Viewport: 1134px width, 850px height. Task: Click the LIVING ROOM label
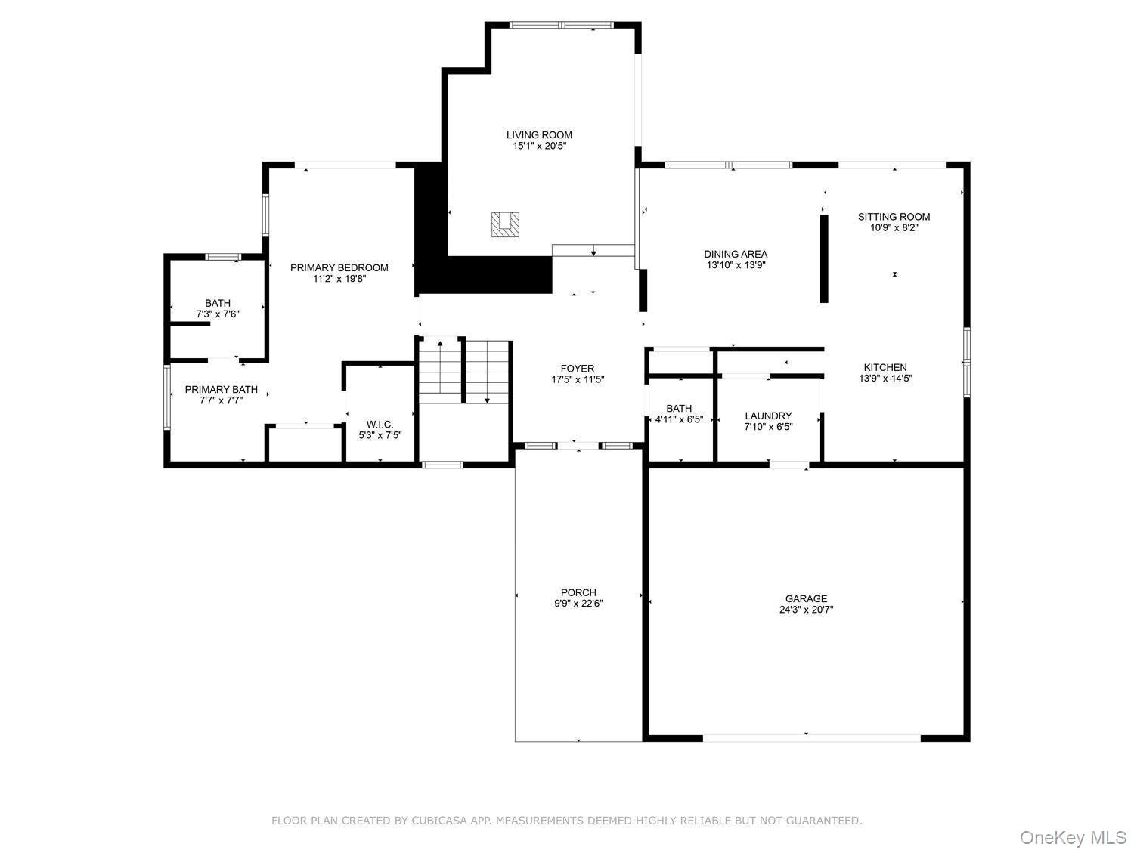pyautogui.click(x=539, y=135)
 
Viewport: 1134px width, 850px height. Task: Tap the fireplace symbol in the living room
pyautogui.click(x=505, y=224)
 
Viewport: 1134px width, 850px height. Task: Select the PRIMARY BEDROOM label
pyautogui.click(x=339, y=267)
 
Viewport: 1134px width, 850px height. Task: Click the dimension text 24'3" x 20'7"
pyautogui.click(x=806, y=610)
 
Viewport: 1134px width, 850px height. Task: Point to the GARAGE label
pyautogui.click(x=806, y=598)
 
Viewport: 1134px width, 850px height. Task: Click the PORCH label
pyautogui.click(x=578, y=592)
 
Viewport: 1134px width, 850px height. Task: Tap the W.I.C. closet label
pyautogui.click(x=380, y=425)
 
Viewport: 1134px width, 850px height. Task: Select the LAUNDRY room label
pyautogui.click(x=768, y=416)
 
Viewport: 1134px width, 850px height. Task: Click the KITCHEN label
pyautogui.click(x=885, y=367)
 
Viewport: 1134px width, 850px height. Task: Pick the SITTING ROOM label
pyautogui.click(x=894, y=217)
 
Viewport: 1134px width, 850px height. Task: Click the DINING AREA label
pyautogui.click(x=736, y=255)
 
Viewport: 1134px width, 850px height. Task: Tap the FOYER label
pyautogui.click(x=578, y=369)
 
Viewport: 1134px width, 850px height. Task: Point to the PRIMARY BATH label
pyautogui.click(x=221, y=390)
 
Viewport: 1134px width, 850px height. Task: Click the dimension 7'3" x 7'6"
pyautogui.click(x=218, y=314)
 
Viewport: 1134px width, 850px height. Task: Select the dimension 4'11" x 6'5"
pyautogui.click(x=679, y=419)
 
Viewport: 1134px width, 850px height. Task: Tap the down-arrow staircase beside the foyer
pyautogui.click(x=487, y=372)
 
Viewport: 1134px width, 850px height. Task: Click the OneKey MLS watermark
pyautogui.click(x=1073, y=837)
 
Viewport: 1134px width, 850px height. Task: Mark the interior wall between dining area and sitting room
pyautogui.click(x=824, y=258)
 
